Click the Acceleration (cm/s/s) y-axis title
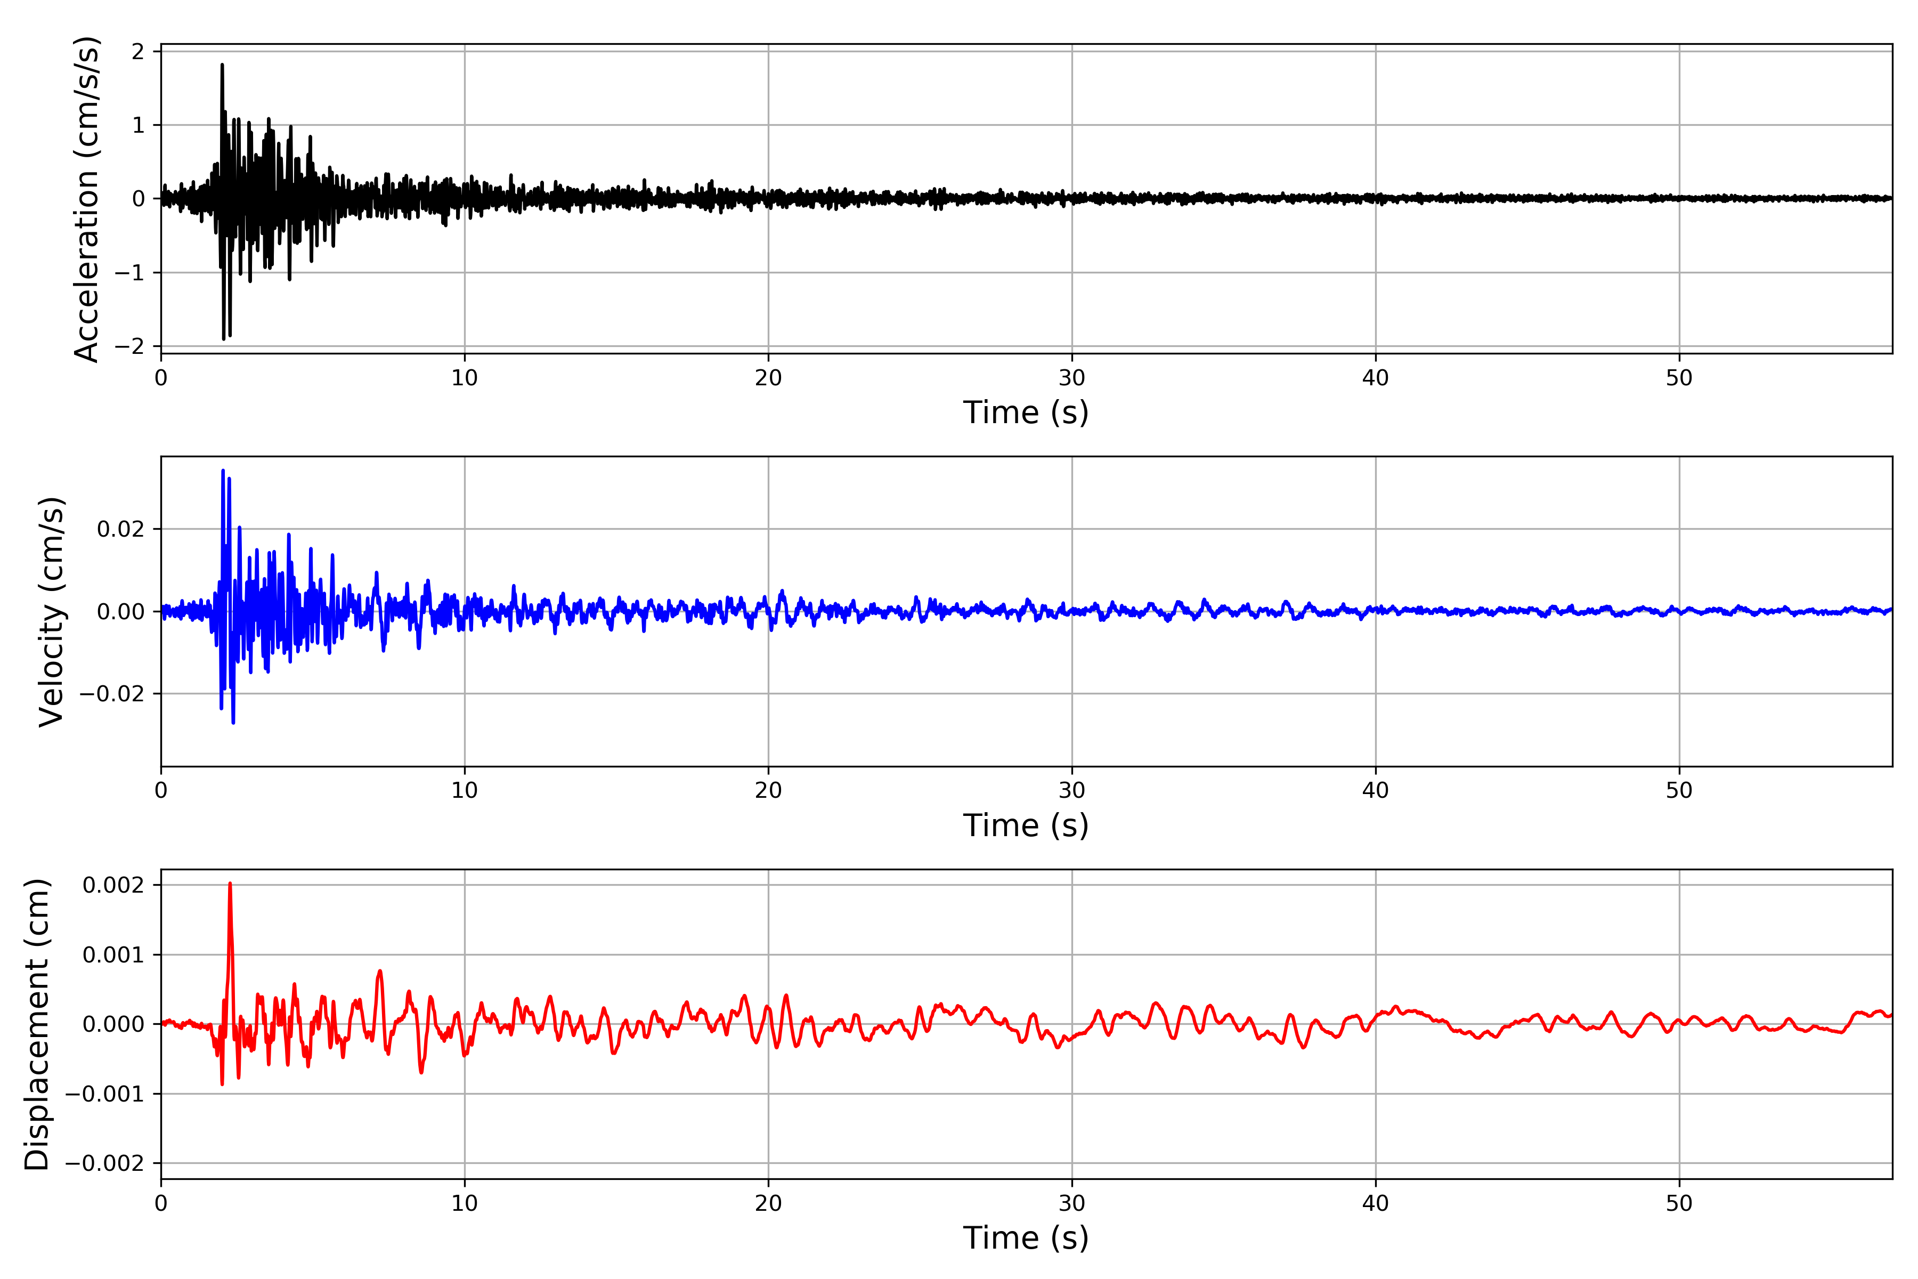pos(86,198)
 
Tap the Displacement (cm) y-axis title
pos(37,1024)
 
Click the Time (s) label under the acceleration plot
pos(1026,412)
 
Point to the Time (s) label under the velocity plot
pos(1026,825)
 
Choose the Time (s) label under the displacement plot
pos(1026,1238)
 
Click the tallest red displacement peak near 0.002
pos(230,884)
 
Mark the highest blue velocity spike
pos(223,472)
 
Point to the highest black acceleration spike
pos(222,65)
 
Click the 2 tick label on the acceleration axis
pos(138,51)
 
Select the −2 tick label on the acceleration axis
pos(129,347)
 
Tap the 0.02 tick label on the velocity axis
pos(121,529)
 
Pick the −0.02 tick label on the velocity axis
pos(112,694)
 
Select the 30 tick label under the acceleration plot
pos(1071,378)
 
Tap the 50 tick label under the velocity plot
pos(1679,790)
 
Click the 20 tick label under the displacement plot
pos(768,1203)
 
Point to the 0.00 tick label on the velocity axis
pos(121,612)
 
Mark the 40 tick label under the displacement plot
pos(1376,1203)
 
